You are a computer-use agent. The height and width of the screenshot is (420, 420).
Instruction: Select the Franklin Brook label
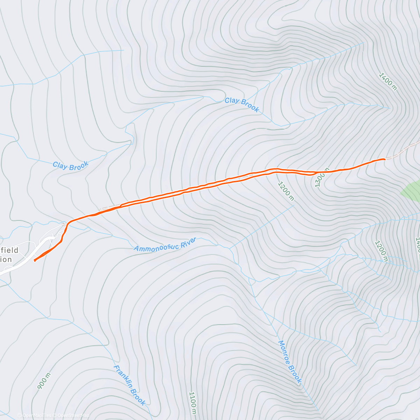pos(129,385)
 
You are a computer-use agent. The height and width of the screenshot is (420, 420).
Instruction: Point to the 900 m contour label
pos(44,381)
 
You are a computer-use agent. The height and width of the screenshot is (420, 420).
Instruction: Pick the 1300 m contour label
pos(322,177)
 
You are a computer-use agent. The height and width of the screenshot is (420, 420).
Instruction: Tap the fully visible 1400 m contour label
pos(388,82)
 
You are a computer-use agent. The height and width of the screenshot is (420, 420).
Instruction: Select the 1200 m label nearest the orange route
pos(286,191)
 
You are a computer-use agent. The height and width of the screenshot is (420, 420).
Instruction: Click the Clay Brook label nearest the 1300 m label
pos(242,105)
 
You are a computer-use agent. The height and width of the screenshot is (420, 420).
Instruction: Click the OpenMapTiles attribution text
pos(34,415)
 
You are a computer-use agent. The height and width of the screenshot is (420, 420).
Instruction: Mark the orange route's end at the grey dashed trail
pos(385,159)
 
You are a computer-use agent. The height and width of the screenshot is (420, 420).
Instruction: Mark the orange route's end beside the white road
pos(34,260)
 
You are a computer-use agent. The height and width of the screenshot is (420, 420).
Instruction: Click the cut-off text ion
pos(6,259)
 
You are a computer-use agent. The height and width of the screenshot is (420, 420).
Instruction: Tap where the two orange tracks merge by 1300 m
pos(317,172)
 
